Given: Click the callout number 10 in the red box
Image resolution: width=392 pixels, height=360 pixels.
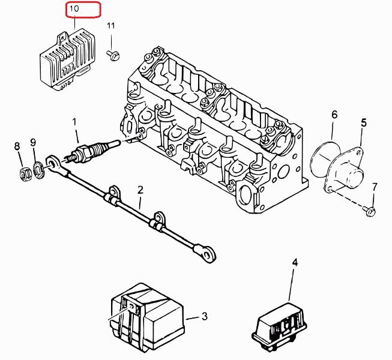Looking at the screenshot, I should [74, 10].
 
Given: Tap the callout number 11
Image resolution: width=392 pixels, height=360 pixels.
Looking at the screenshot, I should [110, 26].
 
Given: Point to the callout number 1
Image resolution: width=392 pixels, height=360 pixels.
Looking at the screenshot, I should [76, 122].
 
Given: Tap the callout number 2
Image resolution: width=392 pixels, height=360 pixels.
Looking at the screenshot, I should [140, 190].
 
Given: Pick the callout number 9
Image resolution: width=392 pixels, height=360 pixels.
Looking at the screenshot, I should [34, 142].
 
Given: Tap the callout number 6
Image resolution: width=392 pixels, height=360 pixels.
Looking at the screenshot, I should [334, 114].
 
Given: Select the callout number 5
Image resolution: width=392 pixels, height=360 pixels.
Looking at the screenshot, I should [363, 123].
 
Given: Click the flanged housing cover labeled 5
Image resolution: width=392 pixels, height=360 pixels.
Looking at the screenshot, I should [346, 171].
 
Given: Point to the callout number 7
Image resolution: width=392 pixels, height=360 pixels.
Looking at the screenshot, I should [374, 187].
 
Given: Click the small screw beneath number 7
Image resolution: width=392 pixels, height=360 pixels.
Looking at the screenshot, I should [371, 211].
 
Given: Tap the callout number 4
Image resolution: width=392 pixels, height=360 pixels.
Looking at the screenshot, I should [294, 262].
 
